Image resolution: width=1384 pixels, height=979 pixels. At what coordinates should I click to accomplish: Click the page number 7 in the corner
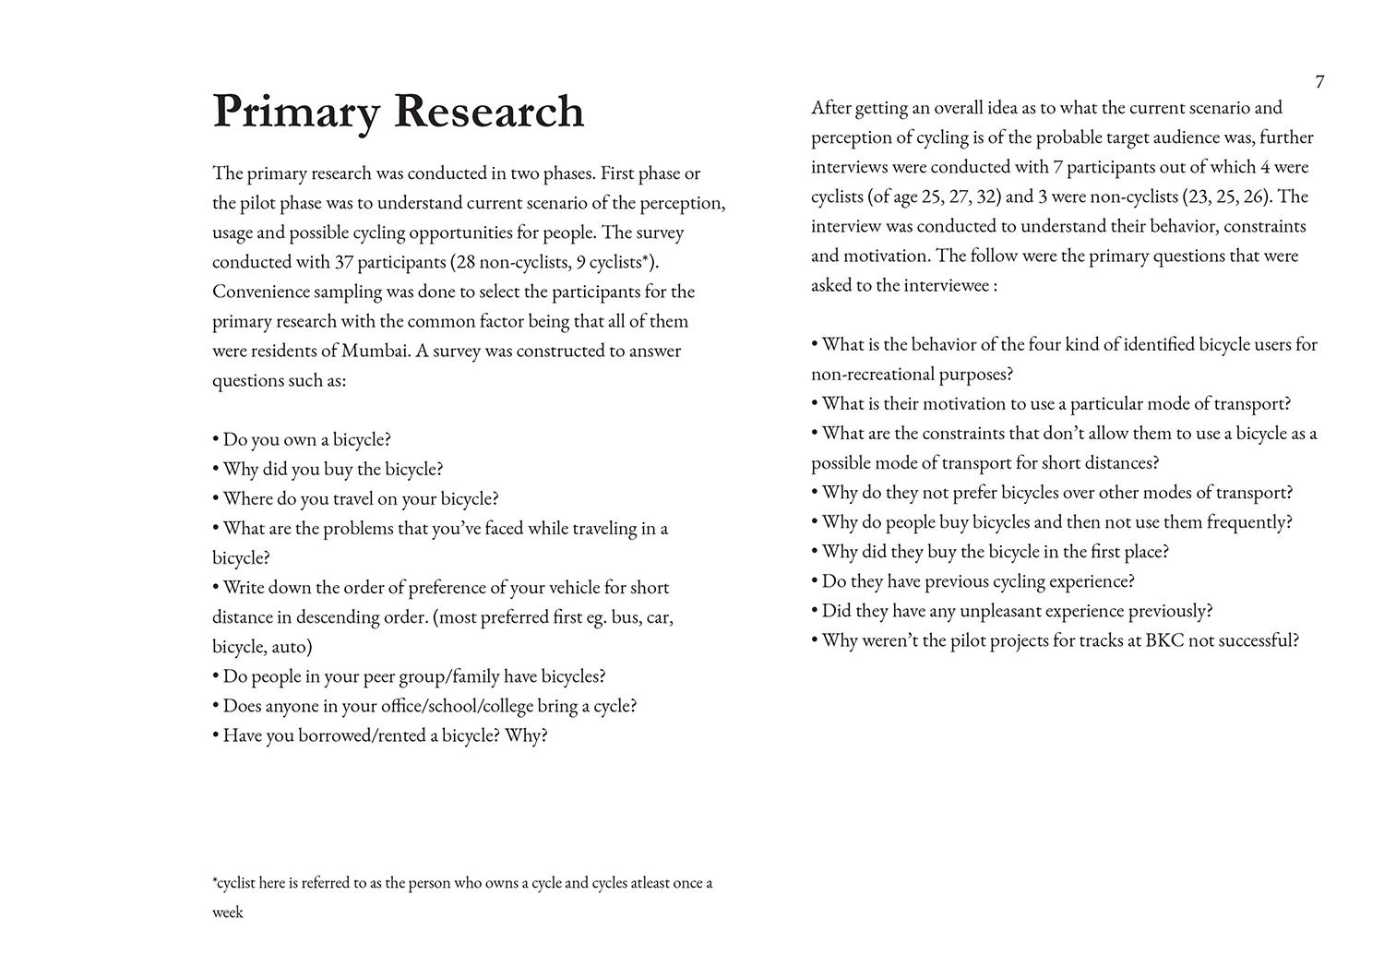1319,82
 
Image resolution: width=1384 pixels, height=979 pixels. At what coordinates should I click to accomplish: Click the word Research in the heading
489,111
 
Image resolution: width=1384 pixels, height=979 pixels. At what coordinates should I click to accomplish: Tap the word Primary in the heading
296,113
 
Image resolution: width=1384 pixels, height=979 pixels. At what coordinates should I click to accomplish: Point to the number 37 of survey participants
344,262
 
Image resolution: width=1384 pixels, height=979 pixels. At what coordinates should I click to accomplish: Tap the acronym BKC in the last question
1164,640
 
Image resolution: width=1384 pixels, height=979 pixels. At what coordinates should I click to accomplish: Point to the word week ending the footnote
228,913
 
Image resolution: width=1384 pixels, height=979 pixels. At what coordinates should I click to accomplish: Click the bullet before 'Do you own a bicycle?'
216,440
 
